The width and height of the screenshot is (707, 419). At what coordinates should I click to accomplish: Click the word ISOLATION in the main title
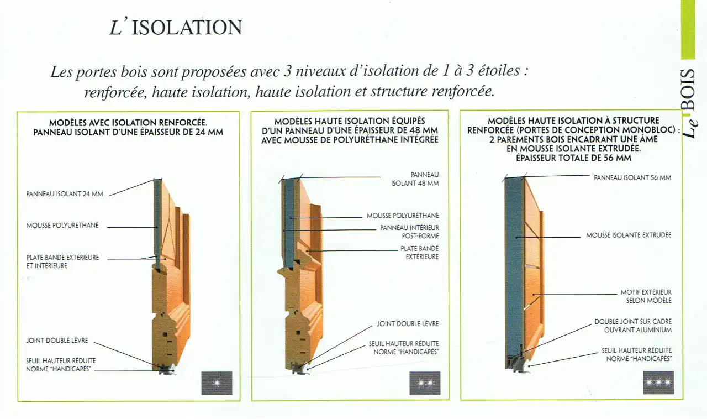187,28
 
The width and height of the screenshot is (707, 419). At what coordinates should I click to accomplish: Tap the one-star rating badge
217,383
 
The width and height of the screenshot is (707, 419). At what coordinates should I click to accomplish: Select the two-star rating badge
425,383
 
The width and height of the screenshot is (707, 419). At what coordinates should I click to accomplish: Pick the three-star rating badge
658,383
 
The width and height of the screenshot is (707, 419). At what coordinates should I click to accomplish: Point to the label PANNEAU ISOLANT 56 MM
632,177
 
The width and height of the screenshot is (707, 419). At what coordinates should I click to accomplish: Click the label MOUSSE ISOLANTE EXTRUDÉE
629,235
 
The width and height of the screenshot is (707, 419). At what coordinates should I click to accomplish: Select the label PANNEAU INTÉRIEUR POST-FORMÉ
409,232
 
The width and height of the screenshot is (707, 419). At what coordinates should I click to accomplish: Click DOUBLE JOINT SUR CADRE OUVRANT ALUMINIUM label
633,326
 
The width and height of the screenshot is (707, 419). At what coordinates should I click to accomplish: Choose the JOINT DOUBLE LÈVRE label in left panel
57,341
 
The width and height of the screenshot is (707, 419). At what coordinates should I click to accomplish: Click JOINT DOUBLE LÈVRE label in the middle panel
408,323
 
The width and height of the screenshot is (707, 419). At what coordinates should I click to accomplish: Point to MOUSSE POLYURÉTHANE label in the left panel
62,226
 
